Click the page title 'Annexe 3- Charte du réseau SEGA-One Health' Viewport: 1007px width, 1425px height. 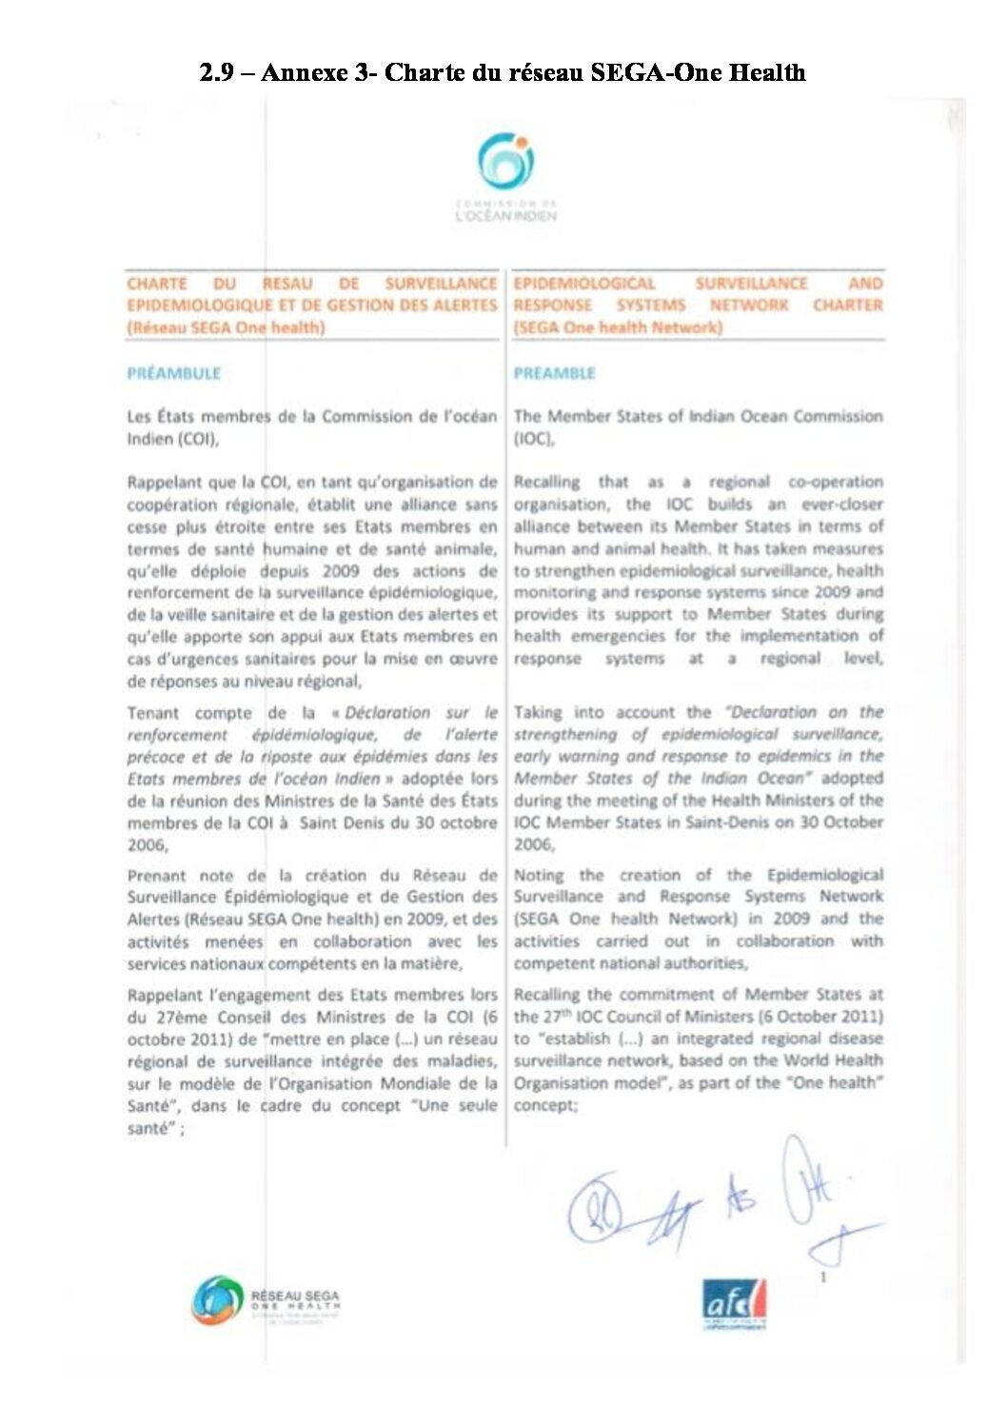[532, 73]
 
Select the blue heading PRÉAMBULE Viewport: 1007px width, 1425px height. [173, 373]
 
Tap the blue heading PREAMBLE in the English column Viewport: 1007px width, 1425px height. [554, 373]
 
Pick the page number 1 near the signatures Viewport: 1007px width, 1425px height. [823, 1277]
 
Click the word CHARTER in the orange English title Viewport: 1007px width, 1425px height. [847, 306]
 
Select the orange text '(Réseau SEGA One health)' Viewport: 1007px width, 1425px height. [226, 327]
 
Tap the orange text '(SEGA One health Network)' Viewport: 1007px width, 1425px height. [618, 327]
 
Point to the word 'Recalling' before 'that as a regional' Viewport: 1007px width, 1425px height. [546, 483]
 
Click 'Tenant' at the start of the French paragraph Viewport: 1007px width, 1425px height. [152, 713]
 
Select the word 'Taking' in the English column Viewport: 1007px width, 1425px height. [538, 712]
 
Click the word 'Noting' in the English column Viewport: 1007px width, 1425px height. [539, 875]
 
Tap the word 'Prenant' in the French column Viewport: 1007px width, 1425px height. [157, 876]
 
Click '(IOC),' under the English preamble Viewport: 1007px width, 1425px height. [534, 440]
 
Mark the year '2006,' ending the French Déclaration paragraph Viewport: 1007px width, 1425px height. [148, 844]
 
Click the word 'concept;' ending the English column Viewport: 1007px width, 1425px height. [545, 1106]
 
